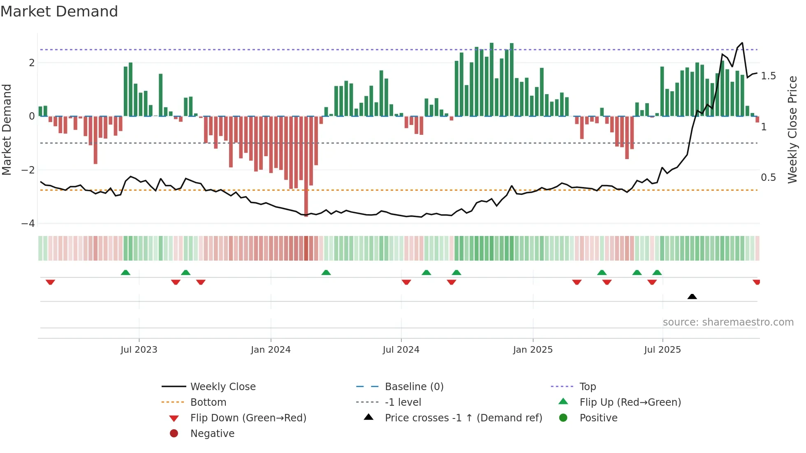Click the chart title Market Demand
[59, 12]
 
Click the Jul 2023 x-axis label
[139, 350]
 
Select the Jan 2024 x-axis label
[271, 350]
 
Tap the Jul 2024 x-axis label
[401, 350]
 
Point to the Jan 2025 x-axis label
[533, 350]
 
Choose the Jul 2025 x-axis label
[662, 350]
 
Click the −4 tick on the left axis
[28, 224]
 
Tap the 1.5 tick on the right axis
[768, 76]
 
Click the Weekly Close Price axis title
[792, 129]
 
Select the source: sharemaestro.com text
[728, 322]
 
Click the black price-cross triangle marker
[692, 296]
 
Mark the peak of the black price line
[742, 43]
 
